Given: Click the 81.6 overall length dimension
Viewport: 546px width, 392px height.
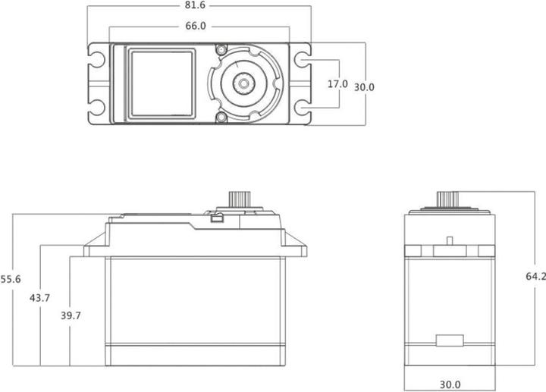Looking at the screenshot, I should [x=199, y=5].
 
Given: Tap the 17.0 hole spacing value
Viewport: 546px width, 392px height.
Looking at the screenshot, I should [x=337, y=84].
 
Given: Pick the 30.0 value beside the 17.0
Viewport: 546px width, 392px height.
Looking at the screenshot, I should [x=364, y=87].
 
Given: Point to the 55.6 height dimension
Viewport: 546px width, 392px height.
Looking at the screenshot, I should [x=10, y=280].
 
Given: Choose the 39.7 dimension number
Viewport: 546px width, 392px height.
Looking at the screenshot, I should [x=71, y=315].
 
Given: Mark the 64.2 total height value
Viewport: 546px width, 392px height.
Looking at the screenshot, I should [x=535, y=278].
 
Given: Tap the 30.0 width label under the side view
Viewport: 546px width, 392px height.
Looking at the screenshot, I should [x=449, y=385].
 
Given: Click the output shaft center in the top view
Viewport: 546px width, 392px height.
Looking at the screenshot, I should [x=245, y=83].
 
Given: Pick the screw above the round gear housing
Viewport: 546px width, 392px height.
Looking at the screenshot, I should [x=221, y=49].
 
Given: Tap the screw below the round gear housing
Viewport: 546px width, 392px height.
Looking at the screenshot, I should [x=221, y=118].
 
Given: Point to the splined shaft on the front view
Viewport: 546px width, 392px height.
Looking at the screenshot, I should [x=243, y=199].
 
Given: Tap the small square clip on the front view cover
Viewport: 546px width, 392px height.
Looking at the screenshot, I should [x=216, y=220].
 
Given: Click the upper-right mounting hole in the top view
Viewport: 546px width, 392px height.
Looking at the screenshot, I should [x=301, y=59].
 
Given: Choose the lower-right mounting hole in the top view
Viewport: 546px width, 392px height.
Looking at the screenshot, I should [x=301, y=108].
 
